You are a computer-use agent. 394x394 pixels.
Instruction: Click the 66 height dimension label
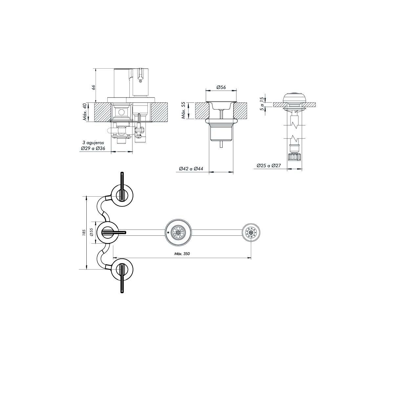click(93, 87)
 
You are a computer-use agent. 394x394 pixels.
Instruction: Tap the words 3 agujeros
click(93, 142)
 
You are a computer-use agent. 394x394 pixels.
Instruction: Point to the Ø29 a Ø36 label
click(93, 148)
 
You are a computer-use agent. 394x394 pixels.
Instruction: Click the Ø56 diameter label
click(221, 87)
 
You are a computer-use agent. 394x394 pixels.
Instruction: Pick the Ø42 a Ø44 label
click(191, 169)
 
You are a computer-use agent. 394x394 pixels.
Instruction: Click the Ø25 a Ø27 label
click(269, 165)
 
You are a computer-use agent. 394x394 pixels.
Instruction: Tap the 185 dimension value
click(84, 232)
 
